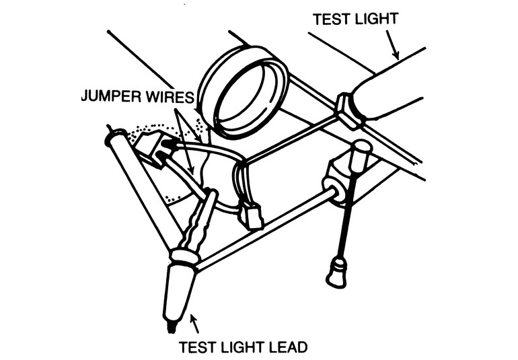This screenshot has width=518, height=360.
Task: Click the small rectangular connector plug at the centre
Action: coord(254,217)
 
